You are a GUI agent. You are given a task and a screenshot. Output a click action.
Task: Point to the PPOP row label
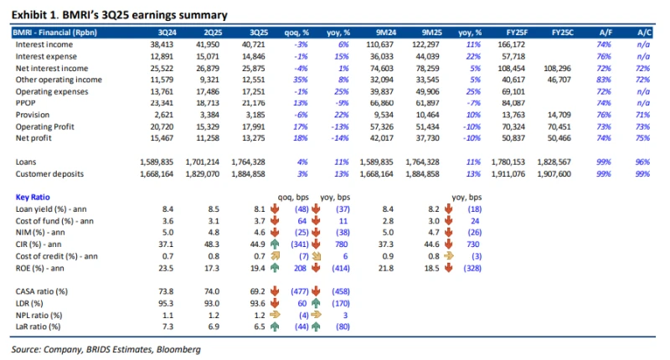pyautogui.click(x=27, y=101)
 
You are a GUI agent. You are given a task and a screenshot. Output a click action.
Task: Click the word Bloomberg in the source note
pyautogui.click(x=178, y=348)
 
